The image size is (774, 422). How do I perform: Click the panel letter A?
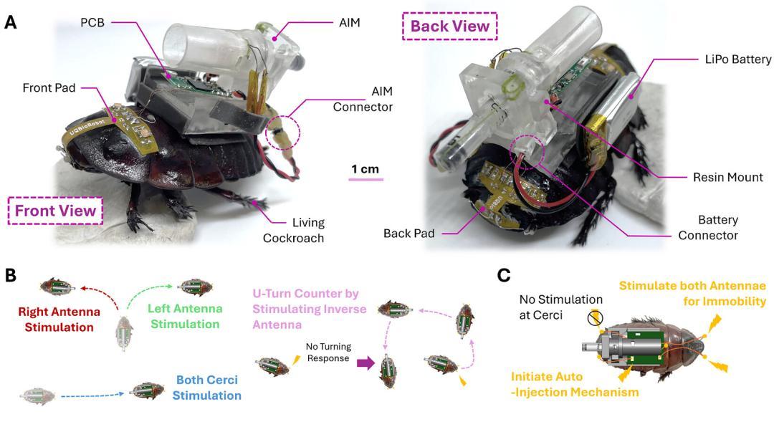tap(10, 22)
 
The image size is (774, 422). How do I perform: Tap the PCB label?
tap(92, 23)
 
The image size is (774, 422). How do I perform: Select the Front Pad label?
tap(49, 88)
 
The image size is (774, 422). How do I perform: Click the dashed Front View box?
tap(55, 211)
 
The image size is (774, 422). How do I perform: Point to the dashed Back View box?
tap(449, 27)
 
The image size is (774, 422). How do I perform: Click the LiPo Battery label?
tap(738, 59)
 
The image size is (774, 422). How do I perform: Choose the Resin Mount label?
tap(727, 177)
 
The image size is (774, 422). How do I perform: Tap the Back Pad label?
tap(408, 234)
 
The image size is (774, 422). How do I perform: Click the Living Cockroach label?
tap(293, 231)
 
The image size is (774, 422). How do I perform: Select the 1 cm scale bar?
tap(365, 179)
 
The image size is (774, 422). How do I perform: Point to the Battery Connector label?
tap(708, 228)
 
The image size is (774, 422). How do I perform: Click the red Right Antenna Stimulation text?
tap(59, 320)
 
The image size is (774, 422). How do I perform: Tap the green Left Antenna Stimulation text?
tap(185, 317)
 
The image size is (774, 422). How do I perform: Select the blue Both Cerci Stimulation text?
tap(207, 388)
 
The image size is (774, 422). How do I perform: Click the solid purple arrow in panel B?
tap(365, 364)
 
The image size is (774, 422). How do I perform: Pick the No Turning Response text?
tap(328, 353)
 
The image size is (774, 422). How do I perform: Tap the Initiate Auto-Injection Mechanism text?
tap(575, 385)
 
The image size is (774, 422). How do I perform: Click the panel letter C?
tap(504, 275)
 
